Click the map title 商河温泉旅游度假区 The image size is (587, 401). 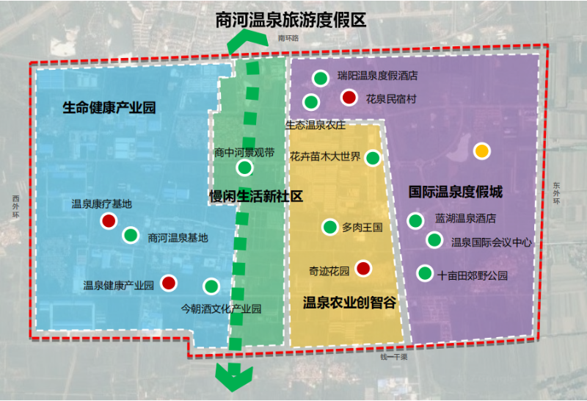[x=291, y=20]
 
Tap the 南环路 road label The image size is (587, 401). [x=288, y=38]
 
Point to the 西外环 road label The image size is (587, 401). [x=15, y=206]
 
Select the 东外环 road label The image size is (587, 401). [x=557, y=193]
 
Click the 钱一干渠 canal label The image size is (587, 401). [x=394, y=357]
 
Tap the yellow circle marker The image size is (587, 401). [x=482, y=151]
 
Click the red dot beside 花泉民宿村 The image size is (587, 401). [x=349, y=98]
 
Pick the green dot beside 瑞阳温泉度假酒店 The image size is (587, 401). [x=321, y=78]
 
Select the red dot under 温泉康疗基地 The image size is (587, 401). [x=109, y=221]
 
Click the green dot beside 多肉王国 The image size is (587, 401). [x=329, y=227]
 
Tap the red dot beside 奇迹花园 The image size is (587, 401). [x=363, y=268]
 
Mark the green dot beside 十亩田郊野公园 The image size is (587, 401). [x=425, y=273]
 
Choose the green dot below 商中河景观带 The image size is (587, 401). [x=245, y=167]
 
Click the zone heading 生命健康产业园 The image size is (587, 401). [x=109, y=107]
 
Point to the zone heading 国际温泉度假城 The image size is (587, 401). [x=455, y=192]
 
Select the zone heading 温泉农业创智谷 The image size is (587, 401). [x=349, y=303]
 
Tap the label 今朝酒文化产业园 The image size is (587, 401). [x=221, y=308]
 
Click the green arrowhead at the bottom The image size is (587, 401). [x=234, y=377]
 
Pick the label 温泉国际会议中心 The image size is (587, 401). [x=491, y=242]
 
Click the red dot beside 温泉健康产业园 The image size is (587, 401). [x=169, y=283]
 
